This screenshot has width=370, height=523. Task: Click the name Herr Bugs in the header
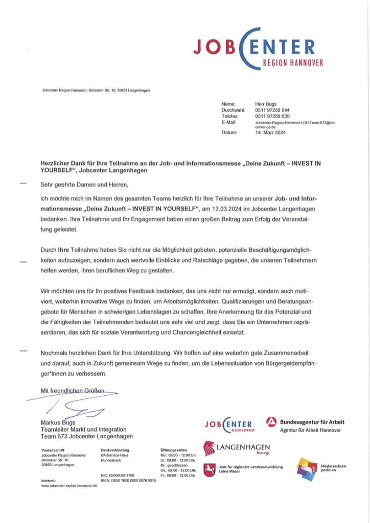266,104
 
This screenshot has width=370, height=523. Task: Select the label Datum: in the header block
229,133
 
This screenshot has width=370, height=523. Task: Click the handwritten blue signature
77,406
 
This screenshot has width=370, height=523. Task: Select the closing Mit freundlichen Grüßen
72,391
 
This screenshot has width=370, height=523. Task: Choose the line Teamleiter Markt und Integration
83,430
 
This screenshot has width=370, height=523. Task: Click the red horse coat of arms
209,469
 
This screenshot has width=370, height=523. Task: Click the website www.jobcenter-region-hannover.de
69,486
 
